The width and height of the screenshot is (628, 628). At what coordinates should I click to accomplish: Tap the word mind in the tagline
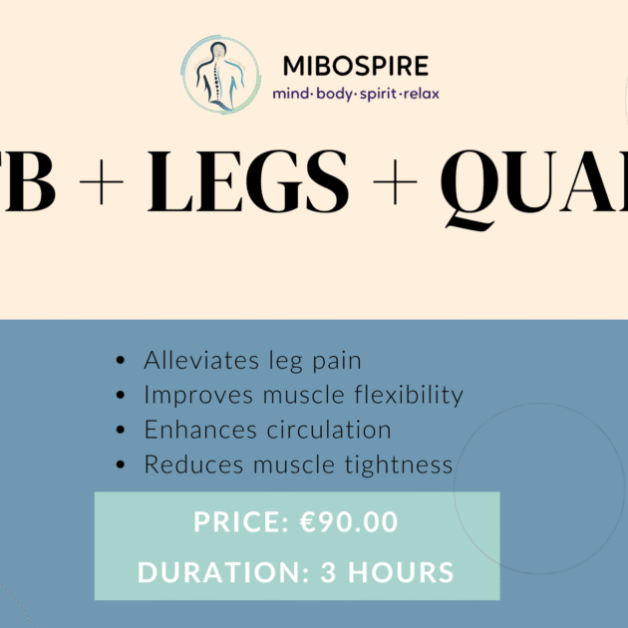click(x=290, y=95)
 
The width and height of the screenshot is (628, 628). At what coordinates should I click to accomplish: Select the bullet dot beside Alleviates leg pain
click(x=122, y=361)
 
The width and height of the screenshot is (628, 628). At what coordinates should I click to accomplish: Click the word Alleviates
click(x=190, y=360)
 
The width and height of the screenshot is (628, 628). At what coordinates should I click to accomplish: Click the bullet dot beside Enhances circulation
click(x=122, y=431)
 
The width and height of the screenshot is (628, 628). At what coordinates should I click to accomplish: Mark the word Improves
click(x=186, y=395)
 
